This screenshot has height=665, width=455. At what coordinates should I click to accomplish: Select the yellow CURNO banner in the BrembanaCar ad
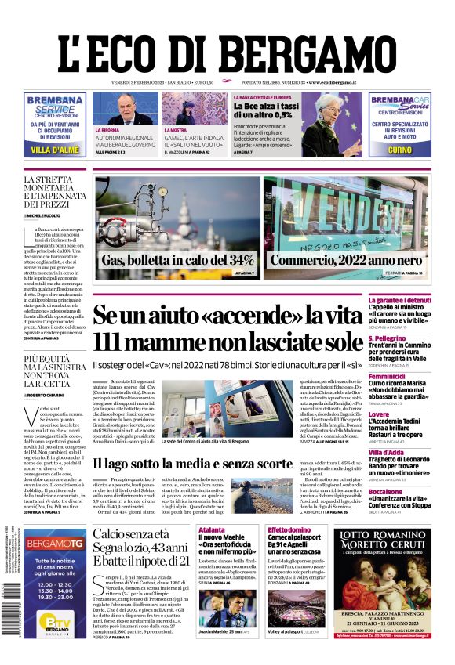pyautogui.click(x=399, y=149)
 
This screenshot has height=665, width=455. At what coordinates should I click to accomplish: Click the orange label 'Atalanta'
pyautogui.click(x=213, y=530)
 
